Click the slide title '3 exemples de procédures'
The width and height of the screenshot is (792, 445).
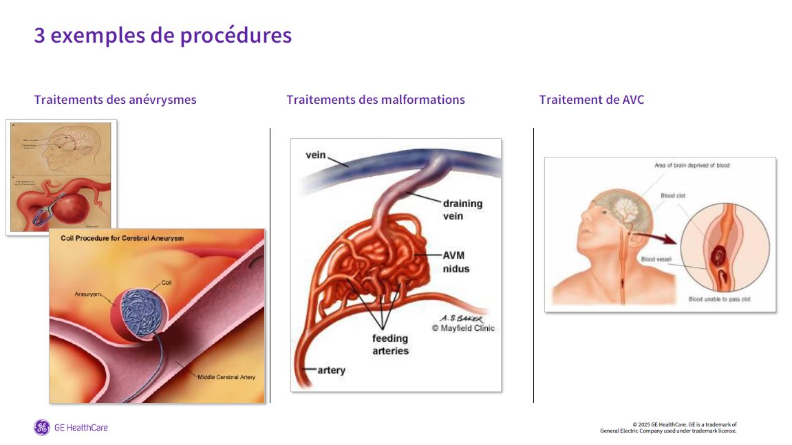[163, 35]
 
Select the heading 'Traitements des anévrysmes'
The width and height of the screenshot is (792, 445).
[115, 100]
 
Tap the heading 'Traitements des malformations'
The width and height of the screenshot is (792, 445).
[376, 100]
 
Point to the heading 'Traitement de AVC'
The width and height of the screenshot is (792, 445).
[592, 100]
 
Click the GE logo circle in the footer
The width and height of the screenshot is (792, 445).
[42, 428]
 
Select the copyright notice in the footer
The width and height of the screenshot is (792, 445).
[668, 428]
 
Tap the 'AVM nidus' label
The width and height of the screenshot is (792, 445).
[456, 261]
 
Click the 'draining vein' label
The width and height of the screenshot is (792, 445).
[462, 210]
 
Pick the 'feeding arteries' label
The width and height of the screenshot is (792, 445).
[390, 345]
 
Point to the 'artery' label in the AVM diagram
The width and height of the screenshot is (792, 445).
[331, 371]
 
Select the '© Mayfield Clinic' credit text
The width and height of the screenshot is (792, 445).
[463, 329]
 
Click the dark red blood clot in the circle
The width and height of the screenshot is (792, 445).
[718, 257]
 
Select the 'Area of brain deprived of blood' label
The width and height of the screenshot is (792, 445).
[692, 166]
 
